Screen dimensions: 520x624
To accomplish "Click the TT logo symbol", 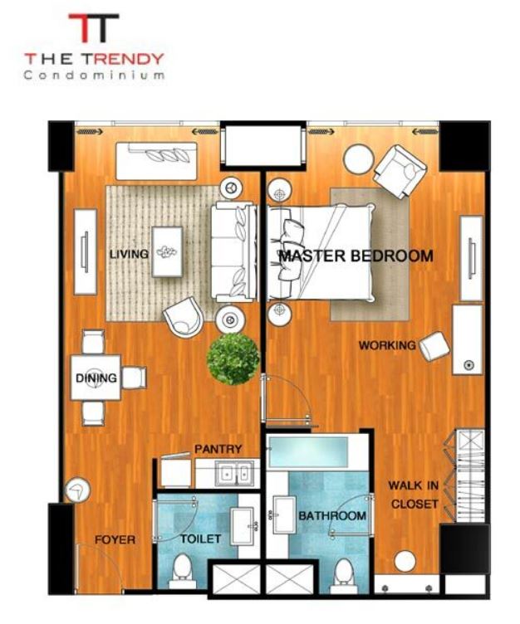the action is [94, 27].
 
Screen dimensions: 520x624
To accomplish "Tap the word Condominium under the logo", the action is [94, 75].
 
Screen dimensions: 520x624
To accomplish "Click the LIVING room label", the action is [129, 254].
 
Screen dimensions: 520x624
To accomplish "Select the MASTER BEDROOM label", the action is [356, 256].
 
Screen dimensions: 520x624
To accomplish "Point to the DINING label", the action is [96, 378].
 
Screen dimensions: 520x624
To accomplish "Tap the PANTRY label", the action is [218, 449].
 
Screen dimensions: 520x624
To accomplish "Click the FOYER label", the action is [115, 539].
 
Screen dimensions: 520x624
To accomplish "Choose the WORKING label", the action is [387, 345].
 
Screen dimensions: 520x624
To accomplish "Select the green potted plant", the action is [233, 359].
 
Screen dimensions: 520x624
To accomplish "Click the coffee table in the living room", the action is [167, 251].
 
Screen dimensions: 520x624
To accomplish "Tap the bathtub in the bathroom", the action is [308, 451].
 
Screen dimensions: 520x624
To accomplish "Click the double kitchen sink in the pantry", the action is [234, 473].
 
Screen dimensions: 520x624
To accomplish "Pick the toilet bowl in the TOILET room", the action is [182, 571].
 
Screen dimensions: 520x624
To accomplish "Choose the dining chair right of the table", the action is [135, 378].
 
